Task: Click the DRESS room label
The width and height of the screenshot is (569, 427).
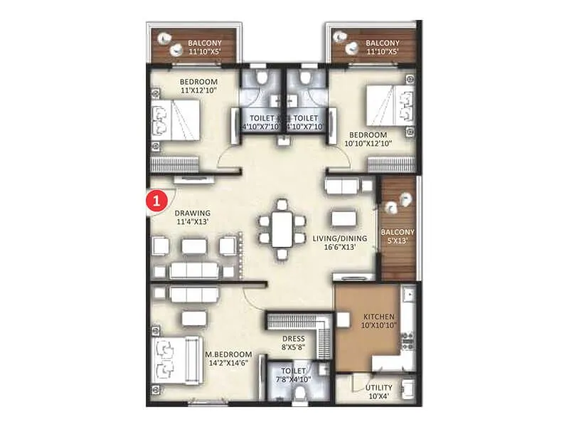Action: coord(293,339)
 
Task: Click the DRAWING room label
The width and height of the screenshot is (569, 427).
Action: coord(193,213)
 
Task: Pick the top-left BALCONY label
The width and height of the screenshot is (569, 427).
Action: coord(203,43)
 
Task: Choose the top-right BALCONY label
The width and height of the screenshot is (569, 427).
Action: coord(381,43)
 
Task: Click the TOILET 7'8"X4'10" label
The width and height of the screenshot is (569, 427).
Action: coord(293,376)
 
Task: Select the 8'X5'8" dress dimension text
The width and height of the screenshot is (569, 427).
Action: coord(293,348)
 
